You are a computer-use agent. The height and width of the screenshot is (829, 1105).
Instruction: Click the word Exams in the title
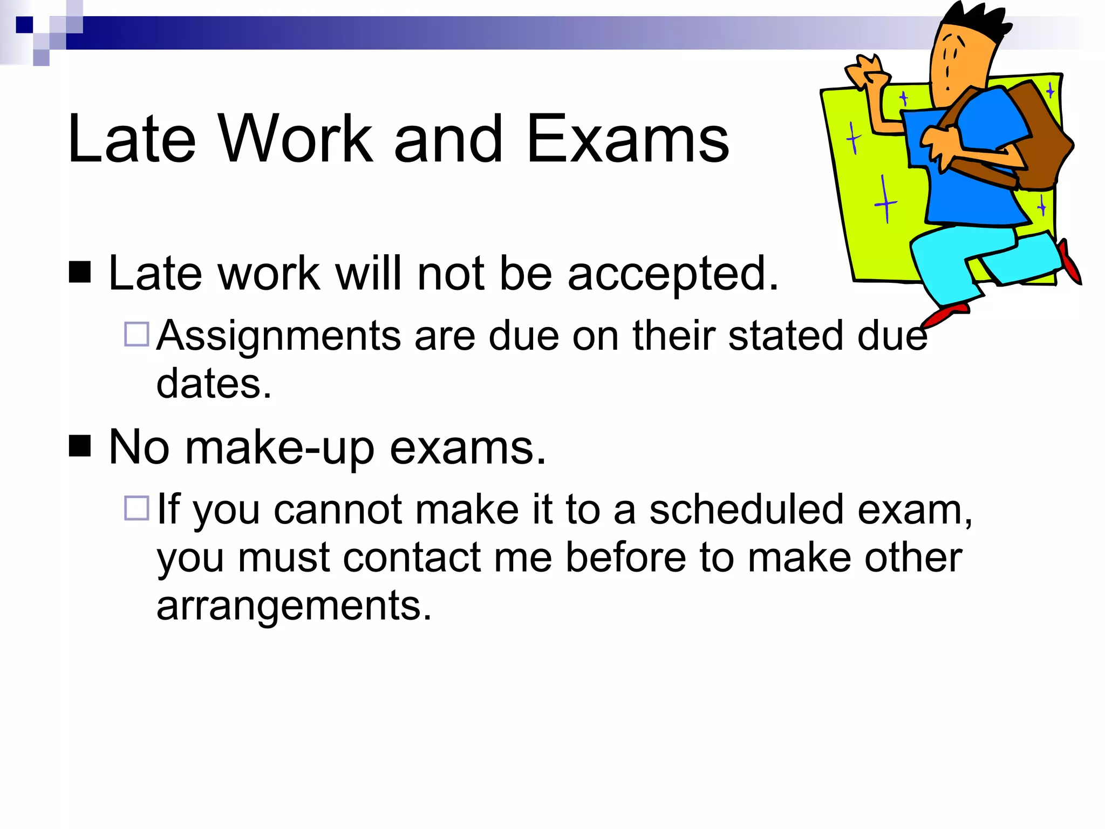[627, 139]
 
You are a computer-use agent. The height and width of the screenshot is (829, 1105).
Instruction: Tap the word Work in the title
[295, 139]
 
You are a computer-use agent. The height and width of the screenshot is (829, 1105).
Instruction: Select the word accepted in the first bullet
[673, 274]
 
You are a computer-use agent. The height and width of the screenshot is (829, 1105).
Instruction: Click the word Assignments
[278, 336]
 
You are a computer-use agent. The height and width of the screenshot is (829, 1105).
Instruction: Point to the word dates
[214, 384]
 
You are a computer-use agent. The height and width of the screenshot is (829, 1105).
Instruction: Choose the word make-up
[279, 448]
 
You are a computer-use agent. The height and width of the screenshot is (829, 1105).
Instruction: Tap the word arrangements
[294, 606]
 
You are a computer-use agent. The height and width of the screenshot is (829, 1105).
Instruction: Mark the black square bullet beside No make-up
[80, 446]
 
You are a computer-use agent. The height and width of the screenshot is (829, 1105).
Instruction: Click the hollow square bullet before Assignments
[137, 334]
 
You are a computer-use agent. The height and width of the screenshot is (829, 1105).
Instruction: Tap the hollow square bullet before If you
[137, 508]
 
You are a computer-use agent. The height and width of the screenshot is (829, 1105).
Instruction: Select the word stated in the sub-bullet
[786, 336]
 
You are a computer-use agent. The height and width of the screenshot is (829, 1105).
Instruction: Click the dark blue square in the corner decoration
[24, 25]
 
